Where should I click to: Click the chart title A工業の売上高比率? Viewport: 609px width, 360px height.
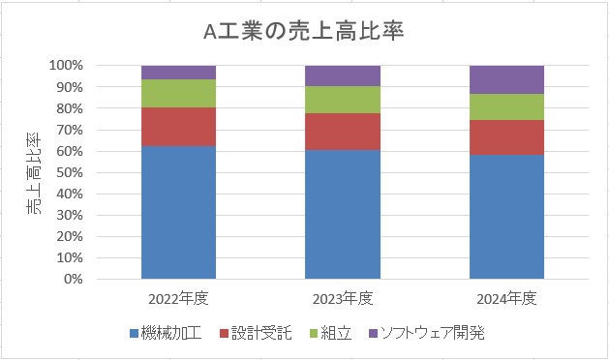(304, 31)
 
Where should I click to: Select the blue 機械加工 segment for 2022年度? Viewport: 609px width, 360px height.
(178, 213)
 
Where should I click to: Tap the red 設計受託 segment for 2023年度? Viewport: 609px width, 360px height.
(343, 132)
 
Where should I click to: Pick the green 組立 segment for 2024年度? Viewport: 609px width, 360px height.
(507, 106)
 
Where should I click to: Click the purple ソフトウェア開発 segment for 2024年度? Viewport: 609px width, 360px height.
(507, 79)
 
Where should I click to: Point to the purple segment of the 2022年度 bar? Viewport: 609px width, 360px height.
(178, 73)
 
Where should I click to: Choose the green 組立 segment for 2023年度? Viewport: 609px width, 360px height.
(343, 100)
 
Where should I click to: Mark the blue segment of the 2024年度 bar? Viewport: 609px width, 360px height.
(507, 217)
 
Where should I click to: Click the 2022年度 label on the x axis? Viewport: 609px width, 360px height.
(178, 296)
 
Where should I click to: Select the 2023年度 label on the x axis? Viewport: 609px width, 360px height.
(343, 296)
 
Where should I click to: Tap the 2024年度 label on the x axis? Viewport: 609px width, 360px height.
(507, 296)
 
